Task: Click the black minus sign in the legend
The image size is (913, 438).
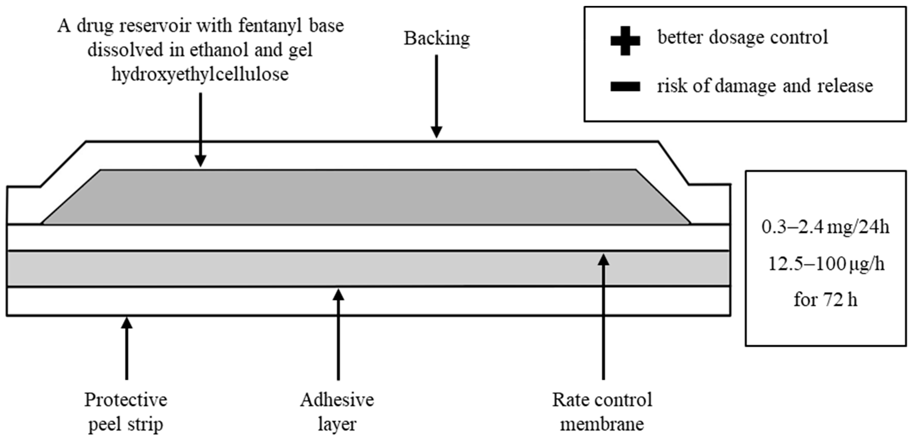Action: (625, 86)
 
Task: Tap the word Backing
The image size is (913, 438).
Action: (437, 38)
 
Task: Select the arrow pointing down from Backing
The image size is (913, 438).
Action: (436, 96)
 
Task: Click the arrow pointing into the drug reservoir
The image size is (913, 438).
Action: (201, 129)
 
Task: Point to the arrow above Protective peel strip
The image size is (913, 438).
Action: (126, 348)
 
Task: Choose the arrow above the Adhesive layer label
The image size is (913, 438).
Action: (339, 333)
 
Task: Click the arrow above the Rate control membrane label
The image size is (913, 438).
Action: (604, 316)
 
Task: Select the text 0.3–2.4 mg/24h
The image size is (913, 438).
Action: (825, 227)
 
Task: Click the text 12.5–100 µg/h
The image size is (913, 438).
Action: (826, 264)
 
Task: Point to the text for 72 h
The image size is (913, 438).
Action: (825, 300)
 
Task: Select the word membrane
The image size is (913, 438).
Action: (602, 424)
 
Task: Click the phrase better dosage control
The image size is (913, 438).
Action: (743, 37)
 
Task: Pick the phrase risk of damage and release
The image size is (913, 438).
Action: (765, 86)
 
